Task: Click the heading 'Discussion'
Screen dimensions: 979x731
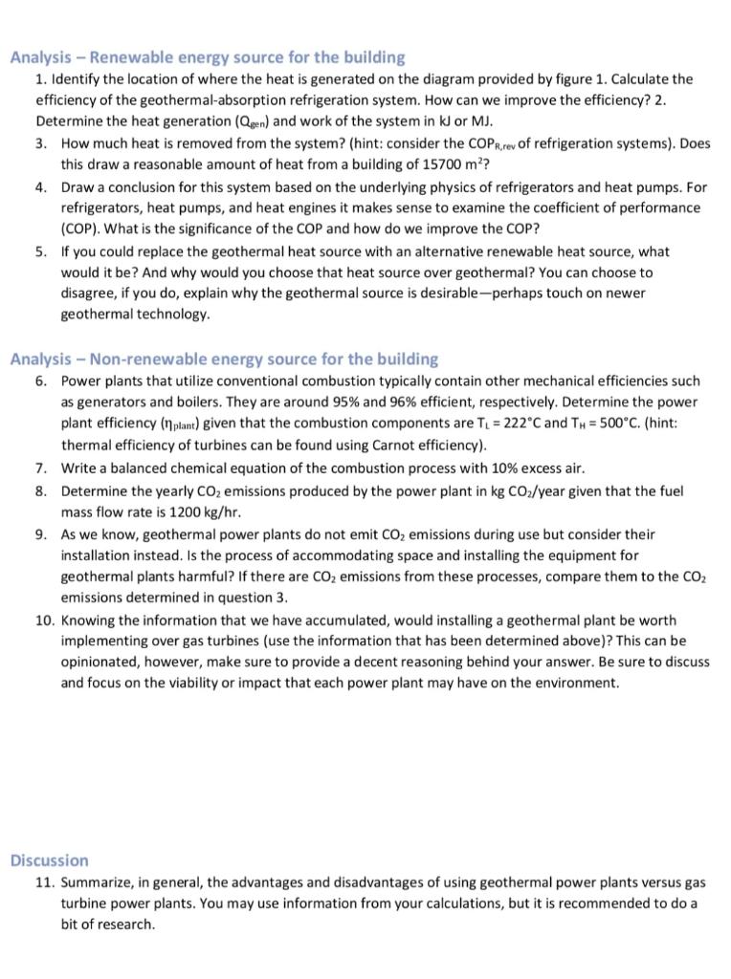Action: coord(49,860)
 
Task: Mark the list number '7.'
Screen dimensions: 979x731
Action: coord(42,468)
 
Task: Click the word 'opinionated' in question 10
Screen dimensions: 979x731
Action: coord(102,662)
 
